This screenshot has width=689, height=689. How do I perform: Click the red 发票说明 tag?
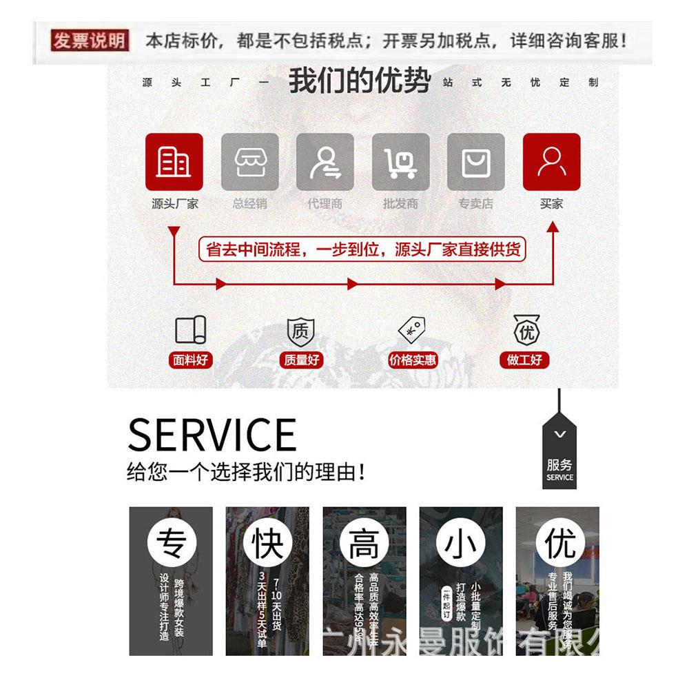point(90,40)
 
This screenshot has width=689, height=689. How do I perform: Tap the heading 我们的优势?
point(359,81)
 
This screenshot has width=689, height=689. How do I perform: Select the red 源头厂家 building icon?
point(174,162)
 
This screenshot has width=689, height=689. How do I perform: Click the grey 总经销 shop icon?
point(249,162)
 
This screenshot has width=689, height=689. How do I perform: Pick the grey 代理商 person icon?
point(325,162)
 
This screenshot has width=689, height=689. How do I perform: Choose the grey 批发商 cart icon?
point(400,162)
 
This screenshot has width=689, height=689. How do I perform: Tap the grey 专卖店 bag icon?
point(475,162)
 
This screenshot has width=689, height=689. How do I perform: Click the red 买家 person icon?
point(551,162)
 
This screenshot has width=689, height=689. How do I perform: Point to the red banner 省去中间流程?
point(362,249)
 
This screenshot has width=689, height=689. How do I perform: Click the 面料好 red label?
point(190,360)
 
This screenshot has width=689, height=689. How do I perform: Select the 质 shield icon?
point(300,332)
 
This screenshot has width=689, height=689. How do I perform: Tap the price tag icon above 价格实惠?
point(412,330)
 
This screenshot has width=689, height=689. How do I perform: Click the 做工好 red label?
point(524,360)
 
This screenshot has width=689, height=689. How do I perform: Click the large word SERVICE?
point(212,435)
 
